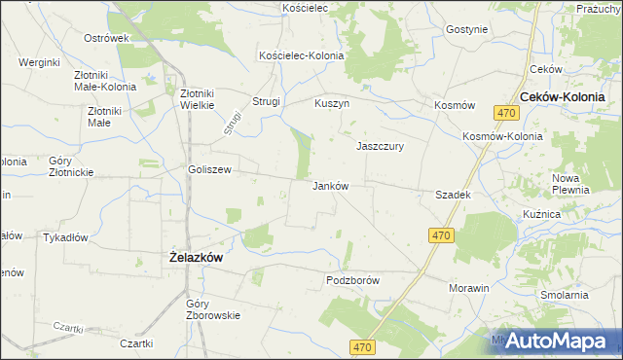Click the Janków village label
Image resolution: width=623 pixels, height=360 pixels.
pyautogui.click(x=331, y=186)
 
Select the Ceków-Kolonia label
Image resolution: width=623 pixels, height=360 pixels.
pyautogui.click(x=563, y=97)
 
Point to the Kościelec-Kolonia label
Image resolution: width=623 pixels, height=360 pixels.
pyautogui.click(x=301, y=56)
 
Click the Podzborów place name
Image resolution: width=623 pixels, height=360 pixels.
pyautogui.click(x=351, y=280)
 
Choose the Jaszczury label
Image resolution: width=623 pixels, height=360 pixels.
pyautogui.click(x=381, y=146)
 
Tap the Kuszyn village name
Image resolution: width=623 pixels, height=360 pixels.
pyautogui.click(x=332, y=103)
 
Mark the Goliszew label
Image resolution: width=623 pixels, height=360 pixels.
pyautogui.click(x=209, y=169)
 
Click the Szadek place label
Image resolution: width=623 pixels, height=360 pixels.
pyautogui.click(x=454, y=196)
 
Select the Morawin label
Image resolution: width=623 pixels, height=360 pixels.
pyautogui.click(x=468, y=289)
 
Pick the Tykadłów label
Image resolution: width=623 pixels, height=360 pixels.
pyautogui.click(x=66, y=237)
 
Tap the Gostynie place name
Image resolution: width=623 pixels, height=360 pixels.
pyautogui.click(x=466, y=29)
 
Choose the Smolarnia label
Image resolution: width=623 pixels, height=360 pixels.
pyautogui.click(x=566, y=294)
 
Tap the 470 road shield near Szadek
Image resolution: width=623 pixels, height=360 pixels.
pyautogui.click(x=441, y=236)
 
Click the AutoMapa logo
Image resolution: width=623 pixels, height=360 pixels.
pyautogui.click(x=555, y=341)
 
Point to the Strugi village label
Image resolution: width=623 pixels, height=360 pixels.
pyautogui.click(x=267, y=101)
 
